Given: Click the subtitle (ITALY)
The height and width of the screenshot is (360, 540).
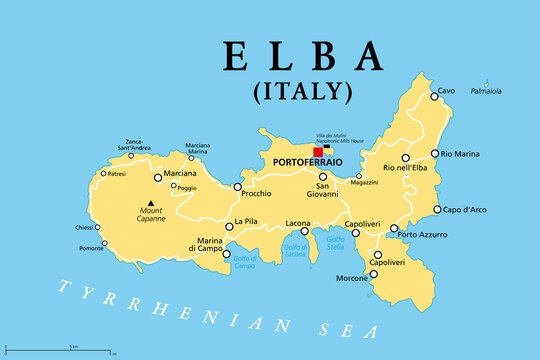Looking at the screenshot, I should tap(304, 92).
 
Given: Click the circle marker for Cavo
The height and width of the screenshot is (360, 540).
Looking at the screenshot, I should tap(434, 96).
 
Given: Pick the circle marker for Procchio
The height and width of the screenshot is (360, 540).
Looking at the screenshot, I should tap(237, 187).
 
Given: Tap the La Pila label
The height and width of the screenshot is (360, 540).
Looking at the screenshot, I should tap(247, 222).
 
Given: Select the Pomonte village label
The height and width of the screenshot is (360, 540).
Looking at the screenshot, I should tap(91, 247).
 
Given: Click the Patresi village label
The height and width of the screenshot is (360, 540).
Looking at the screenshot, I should tap(117, 173).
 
